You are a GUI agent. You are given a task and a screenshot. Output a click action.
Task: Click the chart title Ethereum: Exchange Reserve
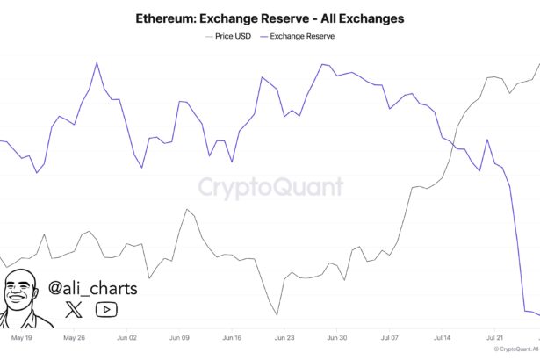click(270, 18)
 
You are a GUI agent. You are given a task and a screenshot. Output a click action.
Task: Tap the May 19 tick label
click(22, 336)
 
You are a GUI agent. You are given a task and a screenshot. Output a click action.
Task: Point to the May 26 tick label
click(75, 336)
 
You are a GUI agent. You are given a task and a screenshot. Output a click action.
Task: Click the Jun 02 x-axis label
click(126, 336)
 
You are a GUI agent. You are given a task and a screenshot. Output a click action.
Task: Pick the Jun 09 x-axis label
click(179, 336)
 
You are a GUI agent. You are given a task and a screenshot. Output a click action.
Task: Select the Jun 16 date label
click(232, 336)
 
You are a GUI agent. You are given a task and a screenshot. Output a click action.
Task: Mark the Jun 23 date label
click(284, 336)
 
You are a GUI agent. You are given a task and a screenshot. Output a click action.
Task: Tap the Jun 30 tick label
click(337, 336)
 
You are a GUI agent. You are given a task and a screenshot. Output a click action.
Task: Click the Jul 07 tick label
click(390, 336)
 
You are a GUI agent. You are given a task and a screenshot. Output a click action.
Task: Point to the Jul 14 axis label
click(443, 336)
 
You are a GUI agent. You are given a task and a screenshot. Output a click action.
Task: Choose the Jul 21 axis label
click(495, 336)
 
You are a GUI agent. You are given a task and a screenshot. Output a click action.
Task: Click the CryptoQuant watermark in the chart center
click(270, 187)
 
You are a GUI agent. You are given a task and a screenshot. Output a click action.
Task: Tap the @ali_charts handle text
click(93, 287)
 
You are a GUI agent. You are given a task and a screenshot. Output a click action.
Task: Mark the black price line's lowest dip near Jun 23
click(277, 315)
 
